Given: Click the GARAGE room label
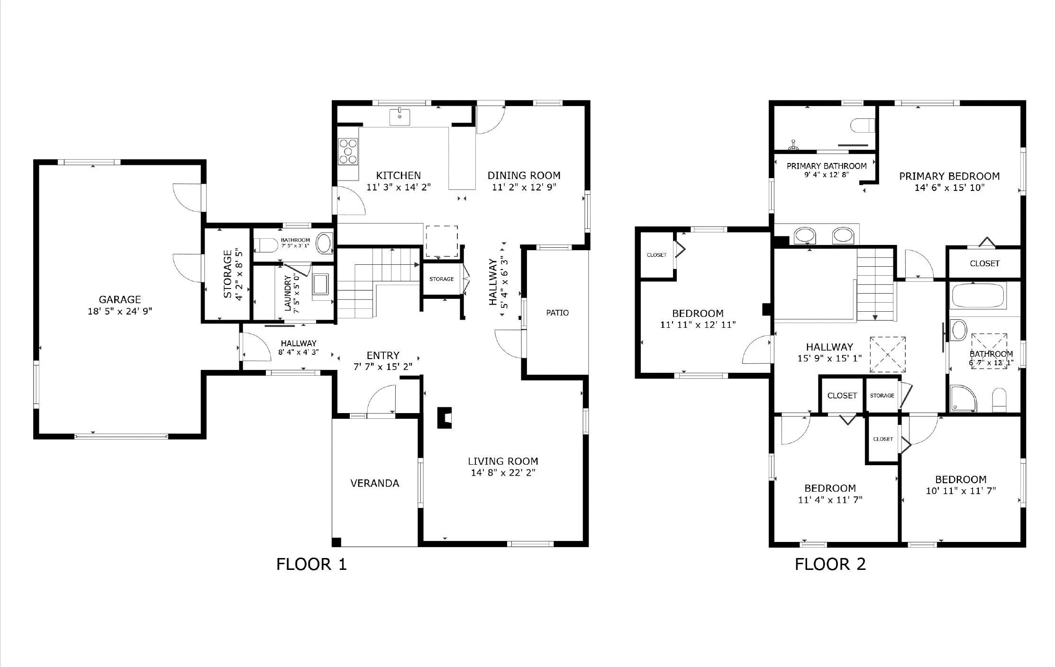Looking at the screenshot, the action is [120, 299].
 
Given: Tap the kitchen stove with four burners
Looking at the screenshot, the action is [348, 152].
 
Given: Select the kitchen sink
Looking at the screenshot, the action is [400, 117].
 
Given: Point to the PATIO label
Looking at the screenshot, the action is [557, 313].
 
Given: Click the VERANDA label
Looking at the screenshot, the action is [375, 483].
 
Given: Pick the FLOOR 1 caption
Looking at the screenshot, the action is [311, 564].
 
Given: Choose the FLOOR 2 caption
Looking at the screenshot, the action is [830, 564].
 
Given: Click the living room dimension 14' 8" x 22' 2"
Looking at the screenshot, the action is [503, 473].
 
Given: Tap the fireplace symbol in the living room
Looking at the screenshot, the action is [445, 418].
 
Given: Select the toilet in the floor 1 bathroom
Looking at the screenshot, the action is [265, 245].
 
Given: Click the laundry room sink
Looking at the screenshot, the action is [323, 286].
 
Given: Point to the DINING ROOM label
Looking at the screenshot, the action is [524, 175].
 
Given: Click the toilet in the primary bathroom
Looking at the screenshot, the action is [862, 126].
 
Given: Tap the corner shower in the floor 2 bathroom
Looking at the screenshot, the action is [963, 399].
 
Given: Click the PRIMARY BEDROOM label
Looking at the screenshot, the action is [950, 176].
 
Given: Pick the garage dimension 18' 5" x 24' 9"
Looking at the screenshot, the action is [120, 311].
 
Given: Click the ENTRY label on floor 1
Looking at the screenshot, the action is [383, 355].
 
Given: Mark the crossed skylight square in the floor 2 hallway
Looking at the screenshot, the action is [887, 354].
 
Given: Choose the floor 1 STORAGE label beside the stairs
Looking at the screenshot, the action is [442, 279].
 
